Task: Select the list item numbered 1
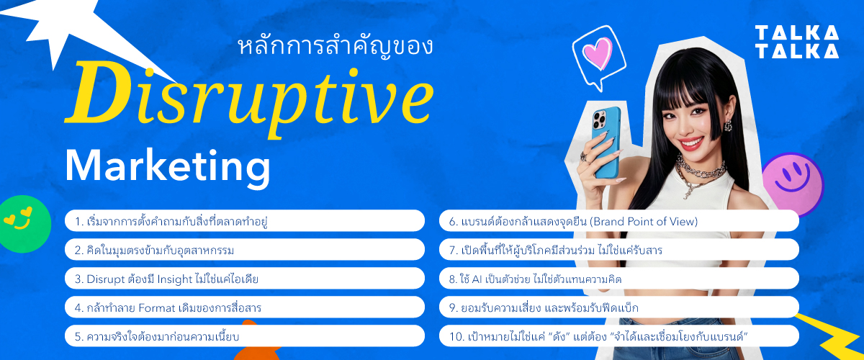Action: (x=244, y=221)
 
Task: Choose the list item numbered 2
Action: (x=244, y=250)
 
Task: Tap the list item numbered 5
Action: (x=244, y=336)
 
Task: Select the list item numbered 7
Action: (x=618, y=250)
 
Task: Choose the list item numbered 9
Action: (x=618, y=307)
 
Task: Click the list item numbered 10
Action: (x=618, y=336)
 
